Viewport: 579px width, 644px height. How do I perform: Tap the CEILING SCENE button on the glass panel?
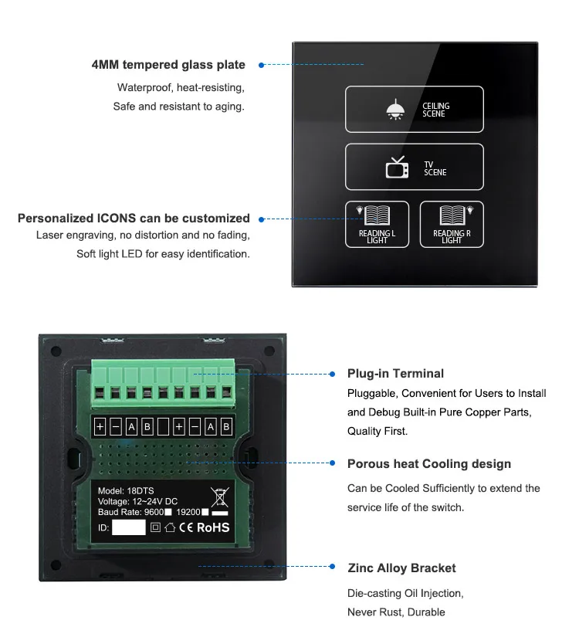414,110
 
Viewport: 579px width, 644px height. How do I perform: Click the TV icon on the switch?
397,168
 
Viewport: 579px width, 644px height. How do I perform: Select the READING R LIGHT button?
452,224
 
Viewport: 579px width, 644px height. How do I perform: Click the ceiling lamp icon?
394,110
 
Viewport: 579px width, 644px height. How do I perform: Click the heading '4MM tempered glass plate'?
168,65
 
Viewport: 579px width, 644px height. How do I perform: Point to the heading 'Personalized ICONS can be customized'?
134,219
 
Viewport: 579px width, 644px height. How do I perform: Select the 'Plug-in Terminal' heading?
395,374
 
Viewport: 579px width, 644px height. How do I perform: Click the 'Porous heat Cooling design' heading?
429,464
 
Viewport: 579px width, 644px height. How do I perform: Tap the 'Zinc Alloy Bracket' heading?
401,568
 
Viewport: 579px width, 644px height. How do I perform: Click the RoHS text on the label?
213,528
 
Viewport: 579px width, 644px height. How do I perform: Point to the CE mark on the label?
186,528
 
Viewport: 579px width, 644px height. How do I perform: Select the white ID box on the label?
128,528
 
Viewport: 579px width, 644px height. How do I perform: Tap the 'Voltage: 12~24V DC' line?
137,501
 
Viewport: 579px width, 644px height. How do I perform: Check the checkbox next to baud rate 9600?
168,513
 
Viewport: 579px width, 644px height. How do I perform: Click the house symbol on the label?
170,528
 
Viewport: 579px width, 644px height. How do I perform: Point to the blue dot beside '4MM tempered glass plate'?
261,65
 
